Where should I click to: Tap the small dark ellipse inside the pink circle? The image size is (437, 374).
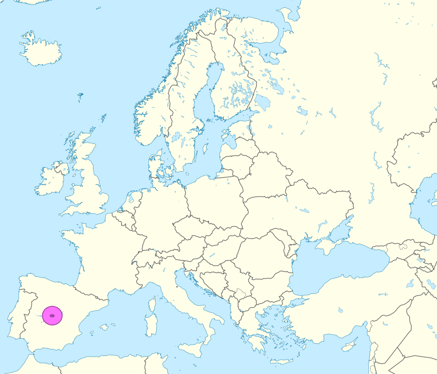pyautogui.click(x=52, y=316)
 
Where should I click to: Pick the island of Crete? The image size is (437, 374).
pyautogui.click(x=281, y=361)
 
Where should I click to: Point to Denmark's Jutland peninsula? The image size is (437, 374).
pyautogui.click(x=154, y=167)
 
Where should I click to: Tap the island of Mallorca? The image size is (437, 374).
pyautogui.click(x=104, y=327)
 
